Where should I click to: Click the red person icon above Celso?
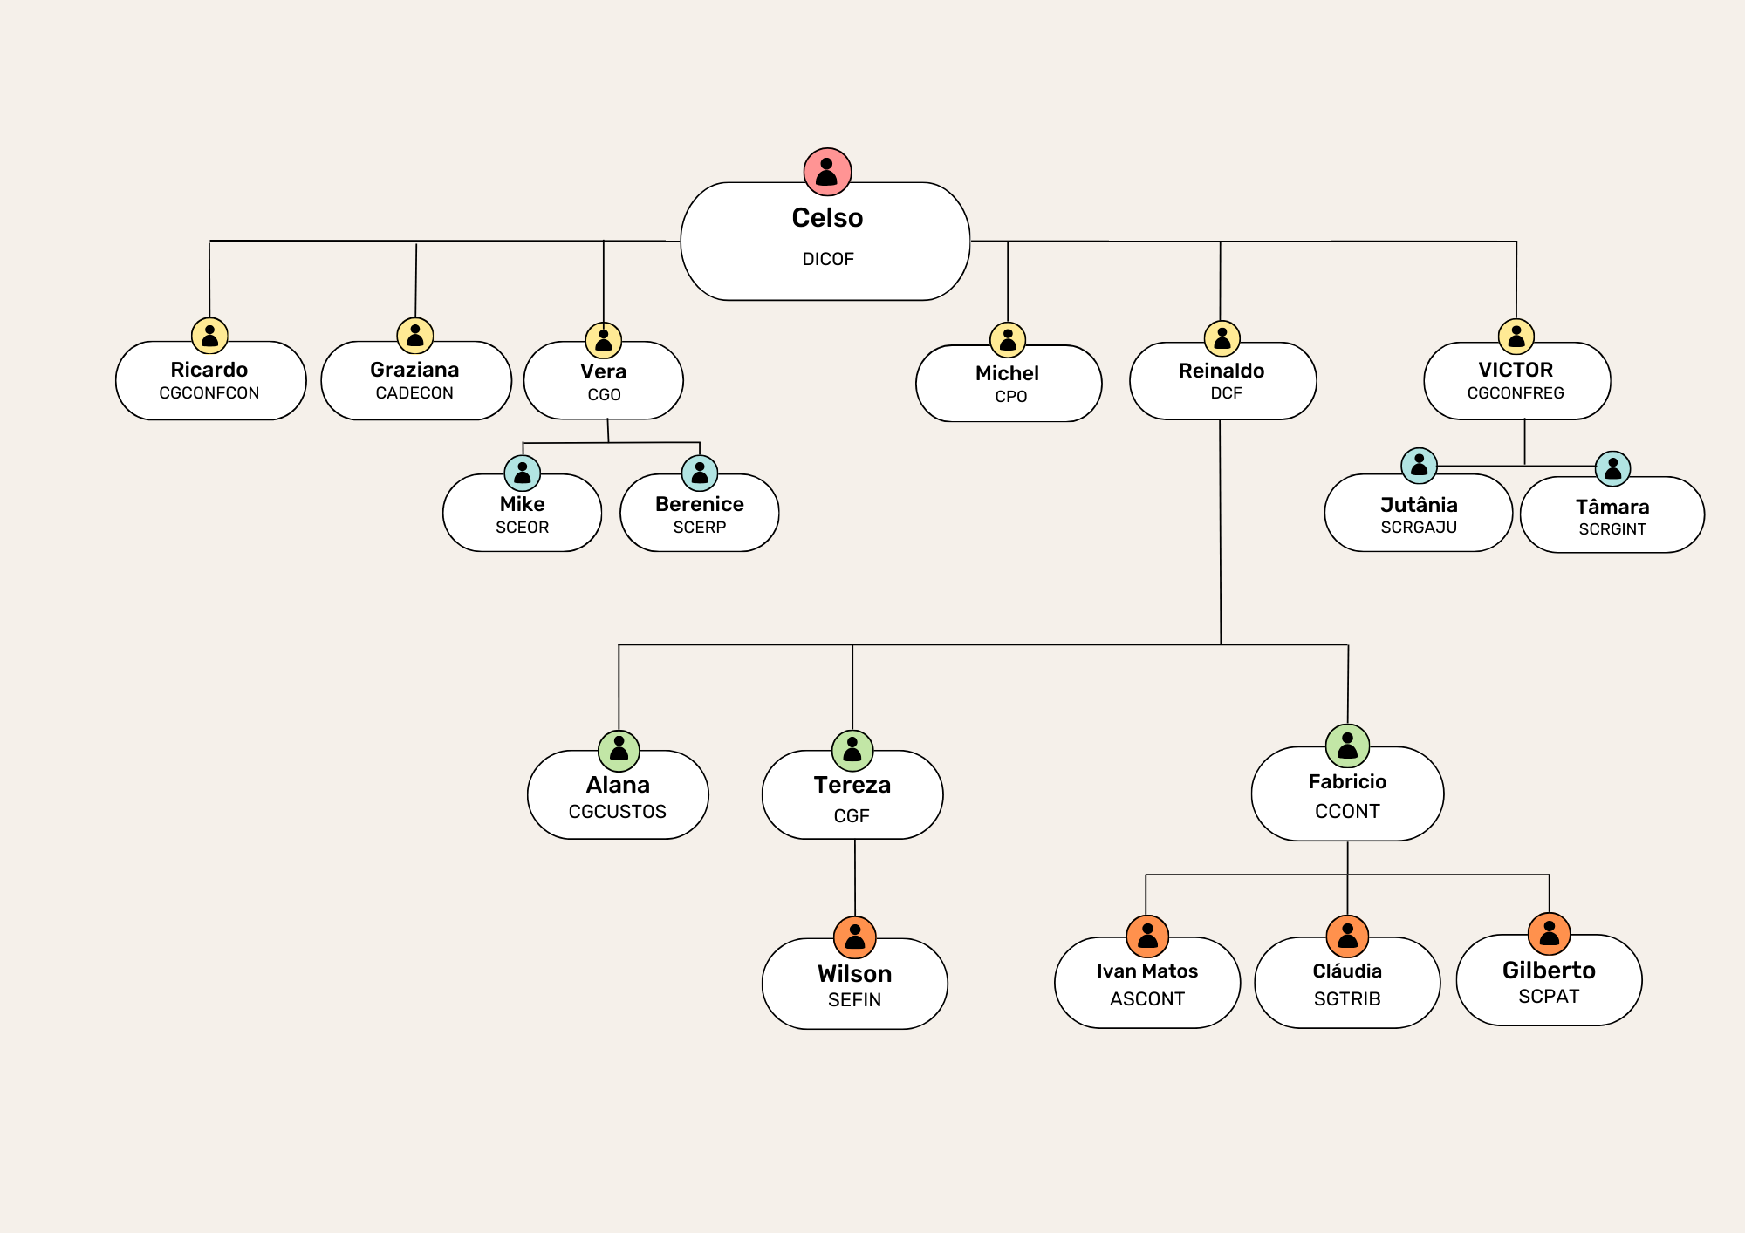827,172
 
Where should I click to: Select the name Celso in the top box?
827,218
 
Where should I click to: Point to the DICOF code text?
828,259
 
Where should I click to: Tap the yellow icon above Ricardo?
209,336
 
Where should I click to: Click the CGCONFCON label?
209,393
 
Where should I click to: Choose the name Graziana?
414,370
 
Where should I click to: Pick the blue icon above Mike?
523,473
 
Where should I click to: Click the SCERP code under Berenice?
700,528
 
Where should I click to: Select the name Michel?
1007,373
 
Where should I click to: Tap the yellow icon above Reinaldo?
1222,338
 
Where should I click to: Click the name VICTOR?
1516,370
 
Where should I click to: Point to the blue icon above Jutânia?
1419,466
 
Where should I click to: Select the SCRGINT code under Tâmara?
1612,529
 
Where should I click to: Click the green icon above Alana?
619,751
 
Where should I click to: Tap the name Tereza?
852,785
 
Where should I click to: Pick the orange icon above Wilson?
855,937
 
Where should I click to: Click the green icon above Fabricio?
1347,746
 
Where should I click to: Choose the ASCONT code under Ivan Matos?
1147,999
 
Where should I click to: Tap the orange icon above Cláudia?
1347,937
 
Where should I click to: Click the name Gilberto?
1549,971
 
